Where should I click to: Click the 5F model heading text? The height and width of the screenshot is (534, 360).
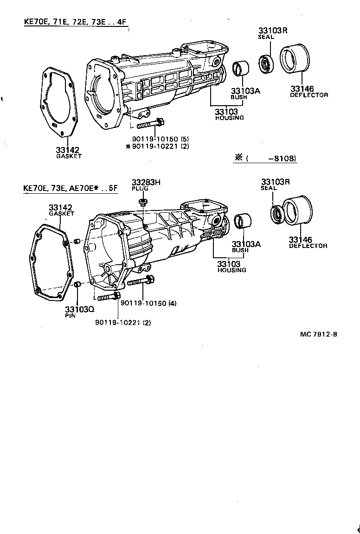(x=69, y=188)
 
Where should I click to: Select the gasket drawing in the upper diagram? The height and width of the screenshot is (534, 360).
(x=59, y=102)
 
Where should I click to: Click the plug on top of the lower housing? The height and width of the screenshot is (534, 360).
(x=143, y=202)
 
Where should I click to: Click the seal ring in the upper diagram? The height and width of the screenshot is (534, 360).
(x=267, y=64)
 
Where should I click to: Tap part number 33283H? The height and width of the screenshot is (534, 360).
(x=146, y=183)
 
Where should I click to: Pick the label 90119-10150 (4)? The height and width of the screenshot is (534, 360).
(x=148, y=303)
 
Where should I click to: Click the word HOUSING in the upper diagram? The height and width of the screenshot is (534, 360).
(x=229, y=118)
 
